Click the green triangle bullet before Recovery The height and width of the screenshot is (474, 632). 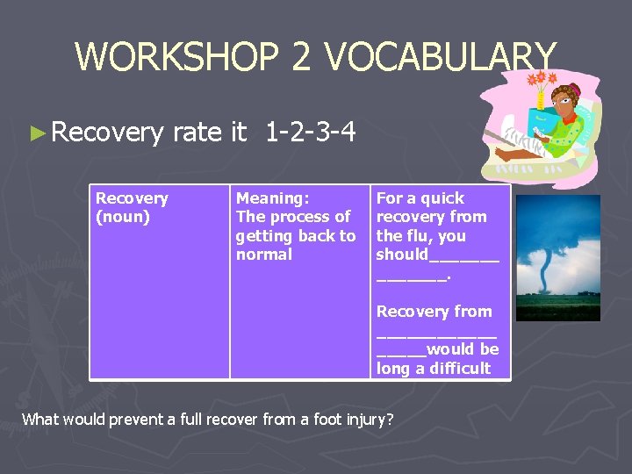click(36, 133)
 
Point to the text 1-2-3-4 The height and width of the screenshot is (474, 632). click(310, 133)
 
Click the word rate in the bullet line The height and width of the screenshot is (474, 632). click(197, 133)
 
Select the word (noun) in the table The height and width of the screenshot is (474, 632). click(122, 217)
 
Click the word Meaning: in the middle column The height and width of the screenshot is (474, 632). click(272, 198)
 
